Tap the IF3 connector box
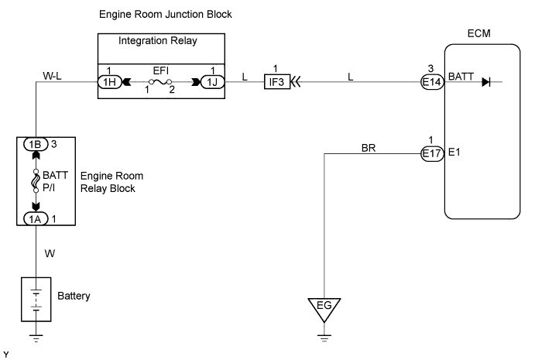click(277, 81)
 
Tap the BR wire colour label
click(369, 147)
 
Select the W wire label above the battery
click(50, 253)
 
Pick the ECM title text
click(478, 33)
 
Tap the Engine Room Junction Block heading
click(166, 15)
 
